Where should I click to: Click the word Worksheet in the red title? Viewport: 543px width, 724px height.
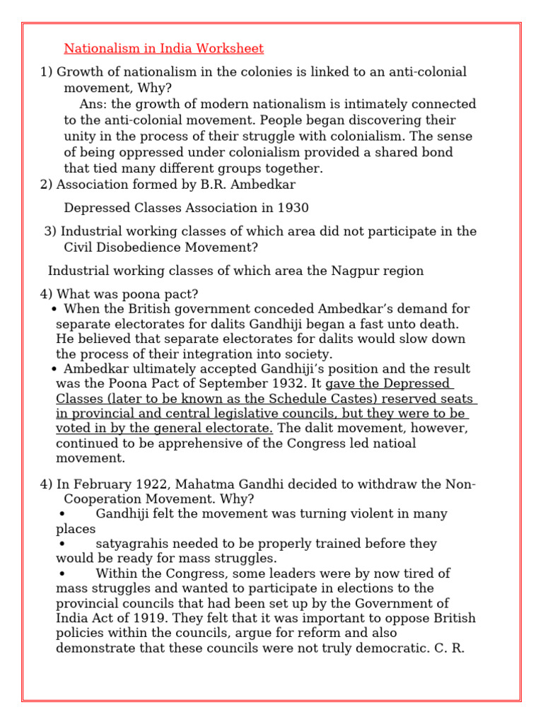pyautogui.click(x=230, y=49)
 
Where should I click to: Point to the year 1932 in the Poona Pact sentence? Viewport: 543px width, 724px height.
pyautogui.click(x=289, y=384)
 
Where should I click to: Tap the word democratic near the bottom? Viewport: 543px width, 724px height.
pyautogui.click(x=393, y=648)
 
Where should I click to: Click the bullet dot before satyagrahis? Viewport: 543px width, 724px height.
pyautogui.click(x=63, y=544)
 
